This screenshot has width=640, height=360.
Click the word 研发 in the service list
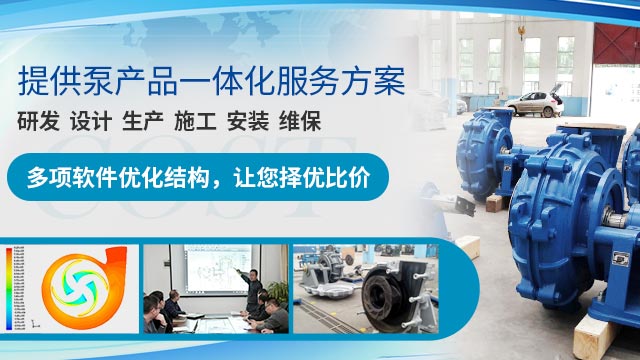point(39,123)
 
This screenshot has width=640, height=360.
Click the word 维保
point(298,123)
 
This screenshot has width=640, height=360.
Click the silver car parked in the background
point(540,101)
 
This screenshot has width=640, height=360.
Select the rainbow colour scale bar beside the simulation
point(11,289)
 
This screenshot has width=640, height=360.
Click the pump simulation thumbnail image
point(70,289)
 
